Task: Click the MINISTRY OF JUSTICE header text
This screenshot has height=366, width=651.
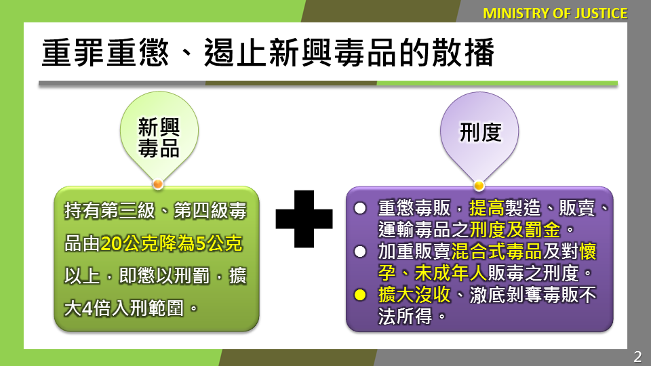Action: click(x=555, y=14)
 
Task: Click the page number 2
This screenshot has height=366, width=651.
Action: click(x=637, y=357)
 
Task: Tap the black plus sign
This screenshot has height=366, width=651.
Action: click(x=304, y=219)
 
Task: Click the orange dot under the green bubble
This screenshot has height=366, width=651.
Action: click(x=158, y=184)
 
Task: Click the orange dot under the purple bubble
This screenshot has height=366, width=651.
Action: click(x=479, y=185)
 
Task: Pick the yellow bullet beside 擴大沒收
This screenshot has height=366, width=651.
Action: click(x=360, y=295)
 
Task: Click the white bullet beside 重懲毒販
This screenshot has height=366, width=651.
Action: click(x=360, y=208)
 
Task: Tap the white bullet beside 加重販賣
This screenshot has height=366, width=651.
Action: click(x=360, y=252)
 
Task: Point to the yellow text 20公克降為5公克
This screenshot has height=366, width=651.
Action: click(x=171, y=243)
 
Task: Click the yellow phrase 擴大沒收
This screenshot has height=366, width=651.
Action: click(x=414, y=295)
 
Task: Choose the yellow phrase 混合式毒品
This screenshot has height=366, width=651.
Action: click(x=496, y=251)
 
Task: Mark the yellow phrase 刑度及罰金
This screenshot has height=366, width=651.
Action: click(x=515, y=230)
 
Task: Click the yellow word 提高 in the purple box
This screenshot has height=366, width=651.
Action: click(x=487, y=208)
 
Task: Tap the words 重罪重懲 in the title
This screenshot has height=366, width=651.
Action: click(x=106, y=53)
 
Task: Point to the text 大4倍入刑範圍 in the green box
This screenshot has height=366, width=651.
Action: click(x=123, y=308)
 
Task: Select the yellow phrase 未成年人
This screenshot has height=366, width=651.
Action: click(x=451, y=273)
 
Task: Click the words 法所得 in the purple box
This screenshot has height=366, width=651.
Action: click(x=406, y=317)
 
